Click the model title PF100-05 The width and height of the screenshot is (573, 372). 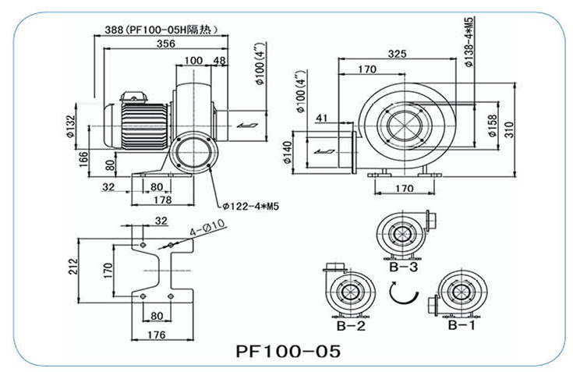pyautogui.click(x=288, y=350)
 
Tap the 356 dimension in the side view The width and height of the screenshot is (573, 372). pyautogui.click(x=164, y=44)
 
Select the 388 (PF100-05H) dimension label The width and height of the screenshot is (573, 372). pyautogui.click(x=161, y=30)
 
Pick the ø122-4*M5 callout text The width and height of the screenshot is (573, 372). pyautogui.click(x=250, y=206)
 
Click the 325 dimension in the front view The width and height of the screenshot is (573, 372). pyautogui.click(x=398, y=54)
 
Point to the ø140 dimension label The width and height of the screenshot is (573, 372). pyautogui.click(x=288, y=151)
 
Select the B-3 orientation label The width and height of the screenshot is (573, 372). pyautogui.click(x=404, y=267)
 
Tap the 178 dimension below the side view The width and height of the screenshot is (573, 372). pyautogui.click(x=162, y=200)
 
